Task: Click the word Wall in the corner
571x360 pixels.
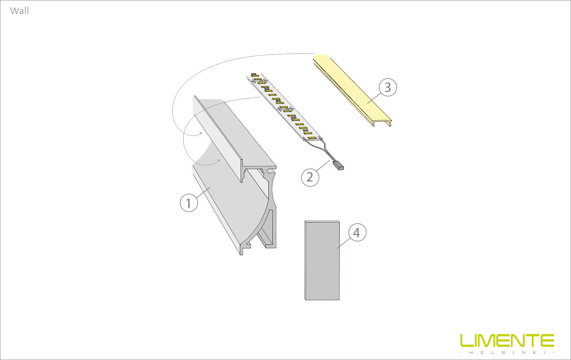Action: coord(20,11)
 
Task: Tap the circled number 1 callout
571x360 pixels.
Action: coord(188,203)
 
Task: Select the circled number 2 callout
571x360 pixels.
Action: coord(310,177)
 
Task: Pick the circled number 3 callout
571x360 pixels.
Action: coord(388,87)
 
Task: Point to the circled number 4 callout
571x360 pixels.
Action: coord(357,232)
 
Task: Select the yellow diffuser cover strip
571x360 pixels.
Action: coord(352,90)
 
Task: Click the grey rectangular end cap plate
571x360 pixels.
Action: coord(322,260)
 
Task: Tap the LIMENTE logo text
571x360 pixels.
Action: coord(507,340)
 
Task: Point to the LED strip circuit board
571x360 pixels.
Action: coord(284,107)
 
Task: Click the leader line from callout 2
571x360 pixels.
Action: coord(323,166)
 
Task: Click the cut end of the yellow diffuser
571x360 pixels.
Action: coord(383,123)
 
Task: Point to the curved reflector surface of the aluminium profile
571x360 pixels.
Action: coord(229,194)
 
